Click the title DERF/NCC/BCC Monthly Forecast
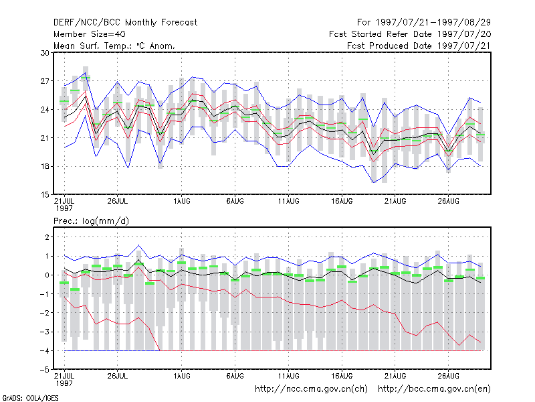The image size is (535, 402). [125, 23]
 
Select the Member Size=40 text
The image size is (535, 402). [90, 34]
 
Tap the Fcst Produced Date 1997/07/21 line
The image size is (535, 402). [419, 46]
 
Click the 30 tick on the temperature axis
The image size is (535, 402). [45, 53]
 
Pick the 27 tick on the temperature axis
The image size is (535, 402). [45, 81]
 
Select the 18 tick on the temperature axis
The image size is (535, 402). [45, 166]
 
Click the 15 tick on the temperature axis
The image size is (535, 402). [45, 195]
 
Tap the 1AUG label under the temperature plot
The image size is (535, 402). [181, 202]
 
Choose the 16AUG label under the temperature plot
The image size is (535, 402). [342, 202]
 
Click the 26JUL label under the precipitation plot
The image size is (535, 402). [118, 376]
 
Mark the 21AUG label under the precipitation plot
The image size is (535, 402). [395, 376]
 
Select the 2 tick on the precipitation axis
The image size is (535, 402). [47, 237]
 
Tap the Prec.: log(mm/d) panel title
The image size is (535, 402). [91, 221]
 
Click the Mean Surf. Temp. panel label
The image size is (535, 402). [114, 46]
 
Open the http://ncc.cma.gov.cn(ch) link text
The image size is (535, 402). [311, 389]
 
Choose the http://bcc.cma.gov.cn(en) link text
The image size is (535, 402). [434, 389]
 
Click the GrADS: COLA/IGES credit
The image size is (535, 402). [30, 398]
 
